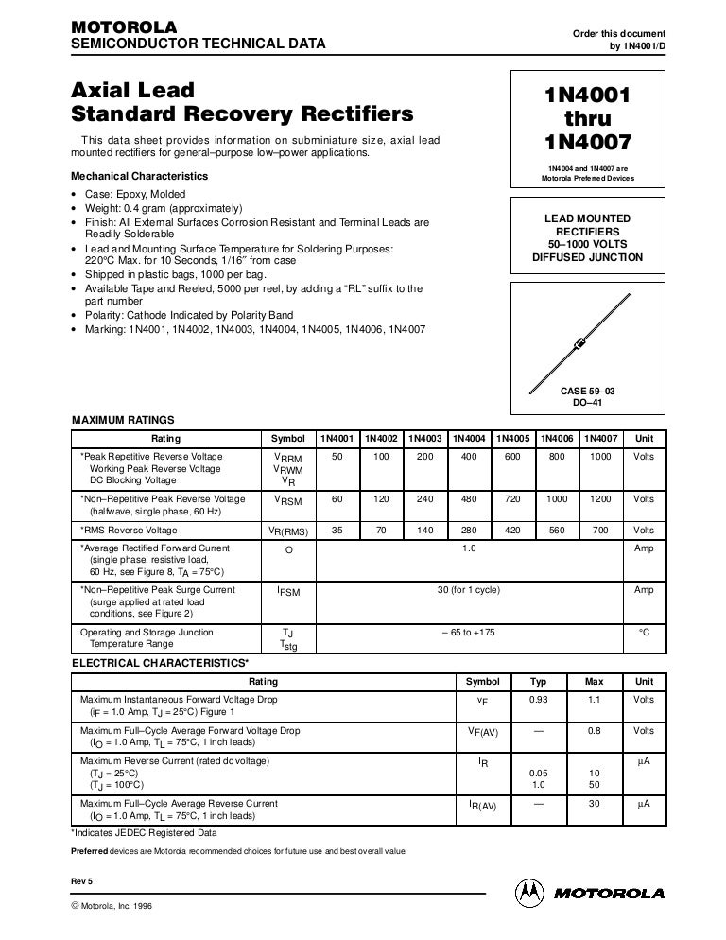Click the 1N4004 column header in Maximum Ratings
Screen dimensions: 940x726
click(469, 439)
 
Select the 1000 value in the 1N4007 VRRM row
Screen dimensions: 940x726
click(600, 456)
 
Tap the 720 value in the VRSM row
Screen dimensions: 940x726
click(512, 498)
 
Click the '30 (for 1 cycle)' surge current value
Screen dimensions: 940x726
click(468, 590)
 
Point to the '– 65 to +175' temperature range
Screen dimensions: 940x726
click(468, 633)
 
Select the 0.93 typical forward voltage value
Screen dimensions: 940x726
click(538, 700)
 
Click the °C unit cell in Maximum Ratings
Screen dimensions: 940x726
click(644, 633)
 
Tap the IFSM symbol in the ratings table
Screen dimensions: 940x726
click(288, 591)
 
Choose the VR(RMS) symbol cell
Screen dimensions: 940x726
click(288, 531)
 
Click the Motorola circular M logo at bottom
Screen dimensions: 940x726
click(529, 892)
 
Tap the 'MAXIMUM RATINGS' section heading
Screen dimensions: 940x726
click(123, 420)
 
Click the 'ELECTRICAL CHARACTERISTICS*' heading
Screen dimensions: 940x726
click(161, 664)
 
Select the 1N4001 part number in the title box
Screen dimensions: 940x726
click(587, 97)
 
